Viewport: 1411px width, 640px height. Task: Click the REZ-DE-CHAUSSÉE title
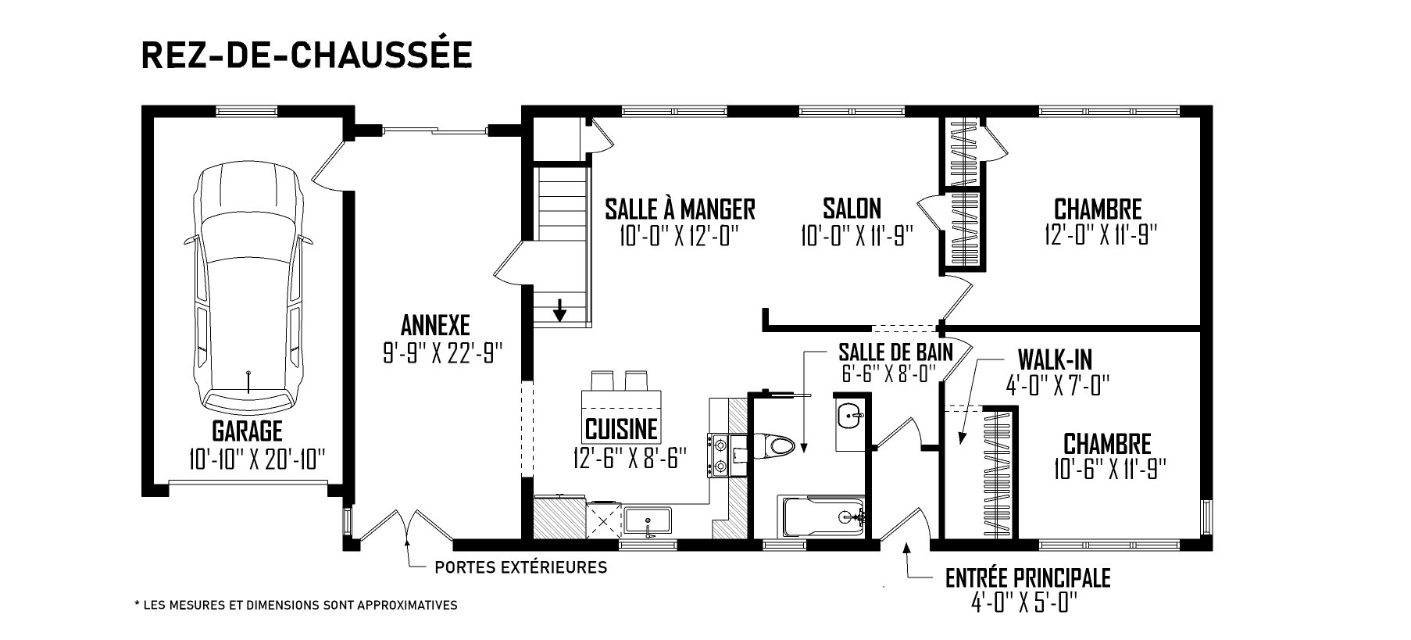[306, 55]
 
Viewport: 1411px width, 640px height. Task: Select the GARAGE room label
[247, 431]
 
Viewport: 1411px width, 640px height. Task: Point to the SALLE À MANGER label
[680, 209]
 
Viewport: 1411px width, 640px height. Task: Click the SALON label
[852, 208]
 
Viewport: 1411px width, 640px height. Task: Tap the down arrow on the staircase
[559, 309]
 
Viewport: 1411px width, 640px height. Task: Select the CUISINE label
[622, 429]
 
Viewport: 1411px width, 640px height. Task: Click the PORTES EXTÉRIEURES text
[520, 567]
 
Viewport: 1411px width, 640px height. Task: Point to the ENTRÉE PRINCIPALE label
[1027, 578]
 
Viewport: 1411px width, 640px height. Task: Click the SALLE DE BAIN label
[895, 352]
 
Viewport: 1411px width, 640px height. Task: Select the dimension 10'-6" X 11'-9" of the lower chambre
[1109, 469]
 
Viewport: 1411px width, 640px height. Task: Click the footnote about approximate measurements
[296, 605]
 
